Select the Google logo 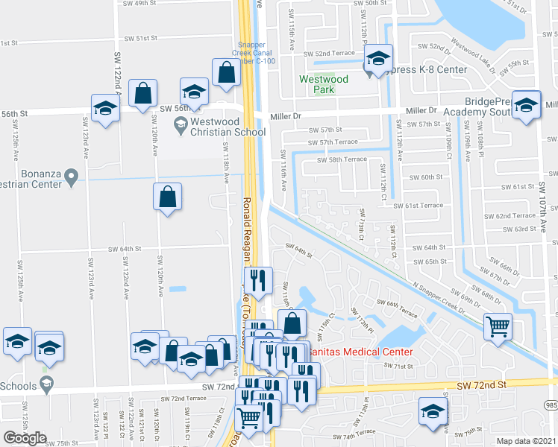25,437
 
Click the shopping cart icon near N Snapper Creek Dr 498,326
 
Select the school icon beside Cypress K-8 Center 379,58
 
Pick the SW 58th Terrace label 342,159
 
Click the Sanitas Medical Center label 366,351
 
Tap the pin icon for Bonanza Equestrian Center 72,178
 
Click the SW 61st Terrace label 418,205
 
